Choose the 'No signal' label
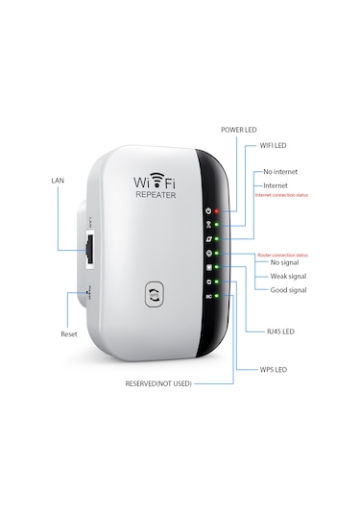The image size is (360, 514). coord(286,263)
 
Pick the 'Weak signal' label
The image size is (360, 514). coord(288,276)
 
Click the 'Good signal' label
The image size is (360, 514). coord(288,288)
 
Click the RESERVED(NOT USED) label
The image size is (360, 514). coord(158,383)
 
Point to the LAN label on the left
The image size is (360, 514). coord(58,180)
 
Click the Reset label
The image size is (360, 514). coord(68,334)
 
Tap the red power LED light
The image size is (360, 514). coord(219,209)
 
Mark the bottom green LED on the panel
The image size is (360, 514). coord(219,296)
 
